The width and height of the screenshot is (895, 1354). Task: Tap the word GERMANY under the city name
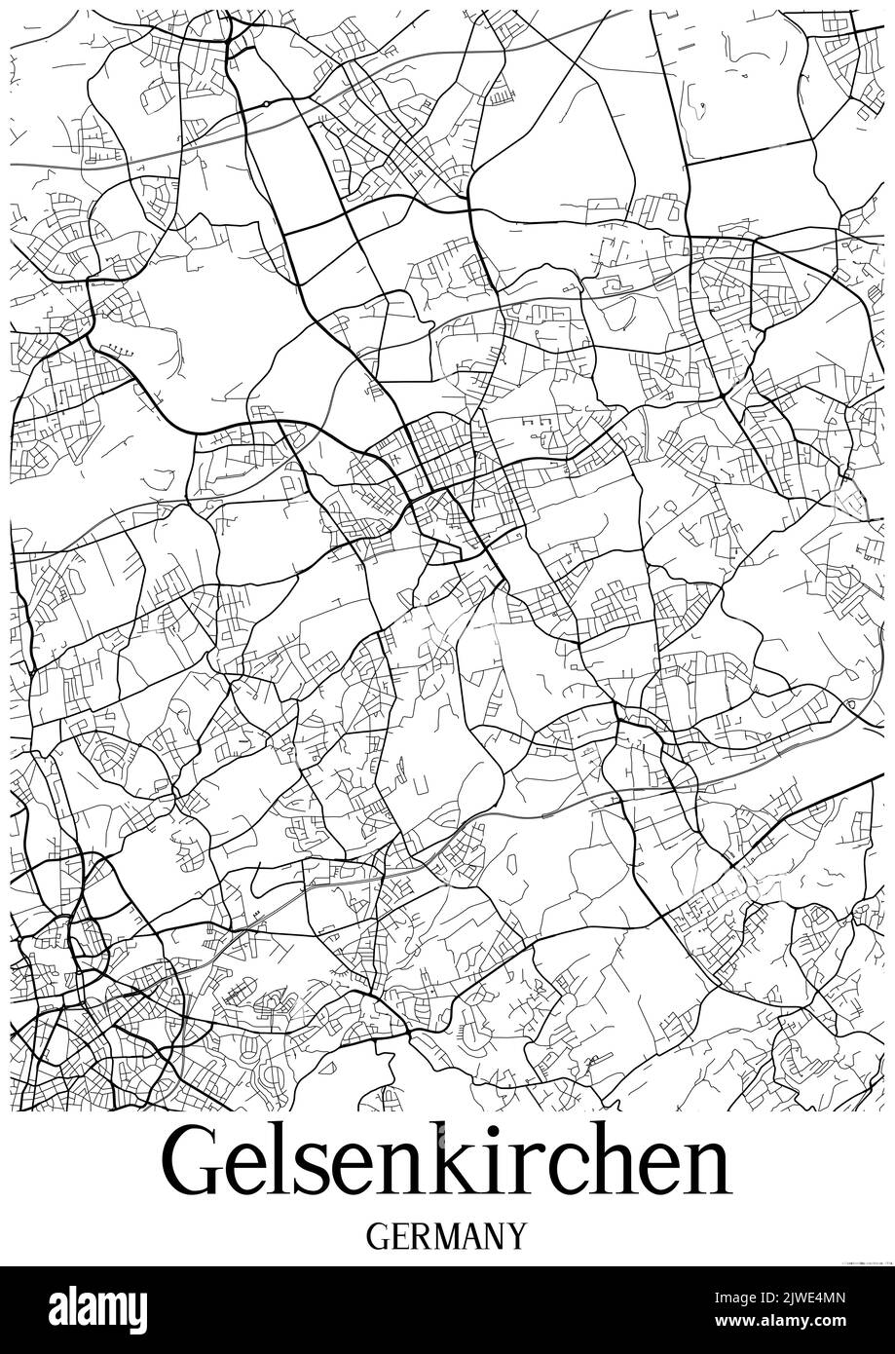[448, 1235]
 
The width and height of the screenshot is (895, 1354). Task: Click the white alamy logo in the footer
[98, 1308]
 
